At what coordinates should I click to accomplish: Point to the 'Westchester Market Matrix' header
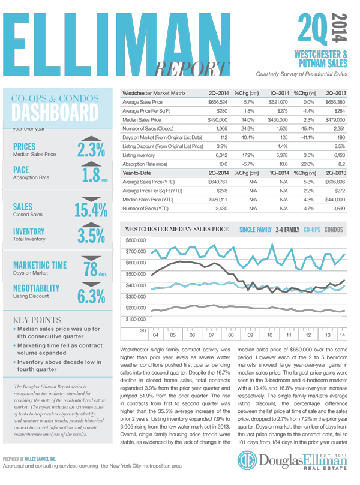154,94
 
